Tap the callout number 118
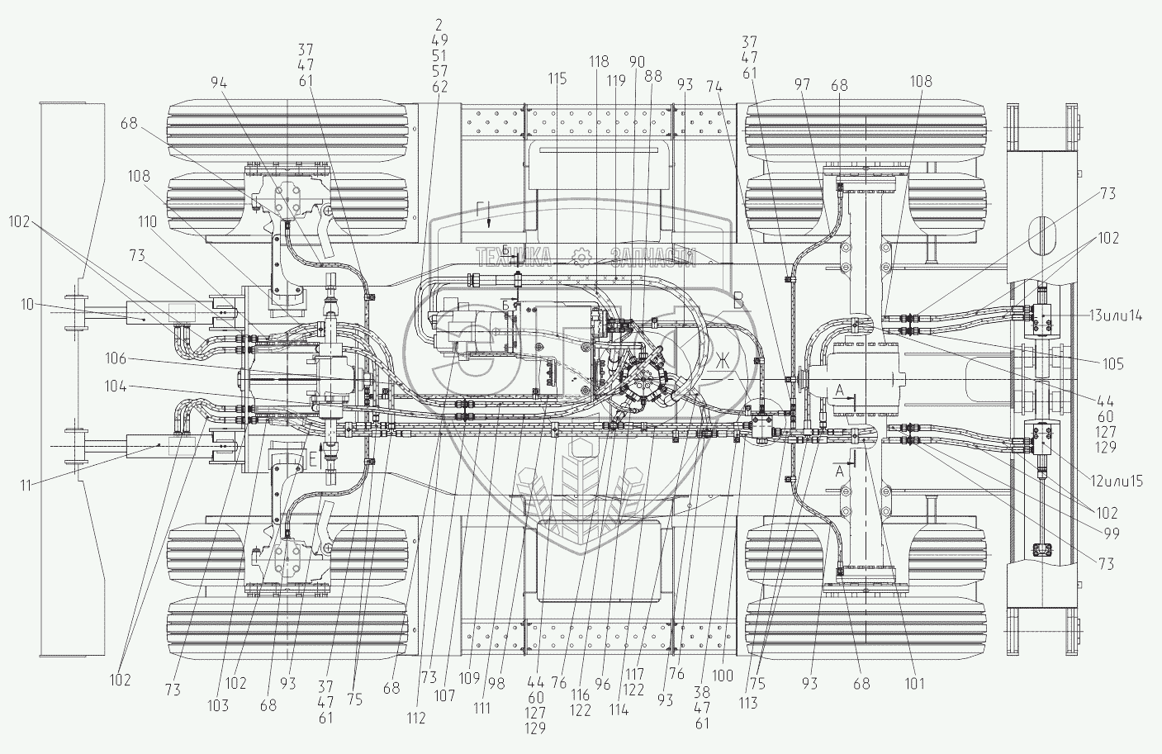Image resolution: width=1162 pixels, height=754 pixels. (x=600, y=61)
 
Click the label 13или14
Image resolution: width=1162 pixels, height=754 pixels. (x=1116, y=315)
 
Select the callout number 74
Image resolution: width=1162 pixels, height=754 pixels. (x=715, y=86)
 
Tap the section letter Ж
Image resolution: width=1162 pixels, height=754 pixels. (x=723, y=361)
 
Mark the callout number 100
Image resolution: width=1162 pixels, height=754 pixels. (x=722, y=676)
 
